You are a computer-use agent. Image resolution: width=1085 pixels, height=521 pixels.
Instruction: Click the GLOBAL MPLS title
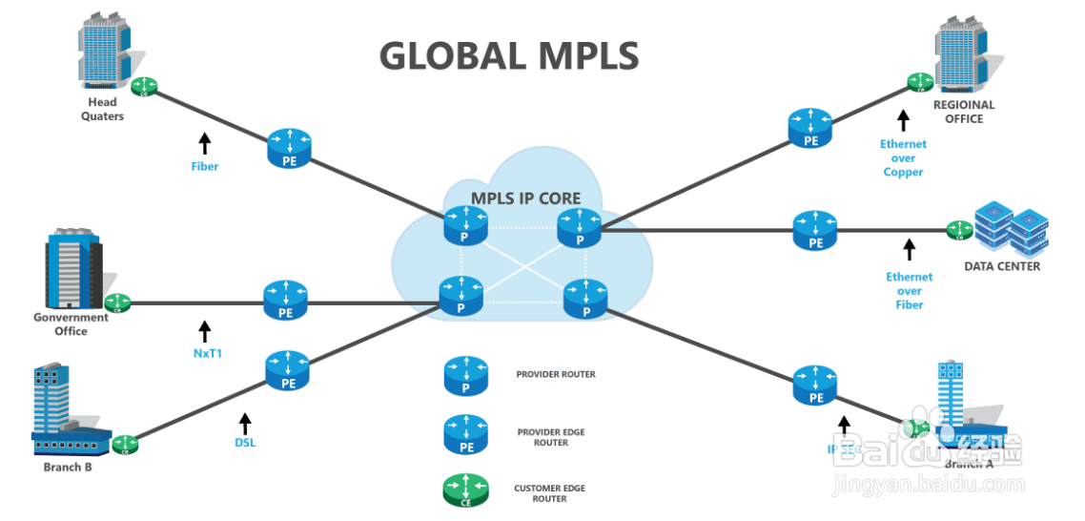click(508, 55)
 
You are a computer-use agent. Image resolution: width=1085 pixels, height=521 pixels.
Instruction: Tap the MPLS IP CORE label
click(526, 198)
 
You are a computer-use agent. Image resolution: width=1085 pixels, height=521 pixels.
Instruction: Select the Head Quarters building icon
click(103, 51)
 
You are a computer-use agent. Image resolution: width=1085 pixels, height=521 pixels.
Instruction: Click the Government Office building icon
click(74, 268)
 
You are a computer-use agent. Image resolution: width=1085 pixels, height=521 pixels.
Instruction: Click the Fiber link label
click(204, 166)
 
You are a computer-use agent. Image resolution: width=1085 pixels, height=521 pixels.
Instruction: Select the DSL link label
click(245, 443)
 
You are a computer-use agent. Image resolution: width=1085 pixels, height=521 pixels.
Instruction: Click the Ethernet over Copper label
click(902, 158)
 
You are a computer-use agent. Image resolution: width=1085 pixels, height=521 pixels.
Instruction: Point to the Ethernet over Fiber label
click(910, 290)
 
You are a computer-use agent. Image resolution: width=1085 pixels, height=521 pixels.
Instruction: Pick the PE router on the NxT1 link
click(284, 301)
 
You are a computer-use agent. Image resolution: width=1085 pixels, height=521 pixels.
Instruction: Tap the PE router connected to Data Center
click(815, 232)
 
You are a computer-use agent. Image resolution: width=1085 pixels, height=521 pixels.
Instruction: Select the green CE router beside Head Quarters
click(146, 87)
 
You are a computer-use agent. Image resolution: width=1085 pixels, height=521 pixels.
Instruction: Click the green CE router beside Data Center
click(958, 230)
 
